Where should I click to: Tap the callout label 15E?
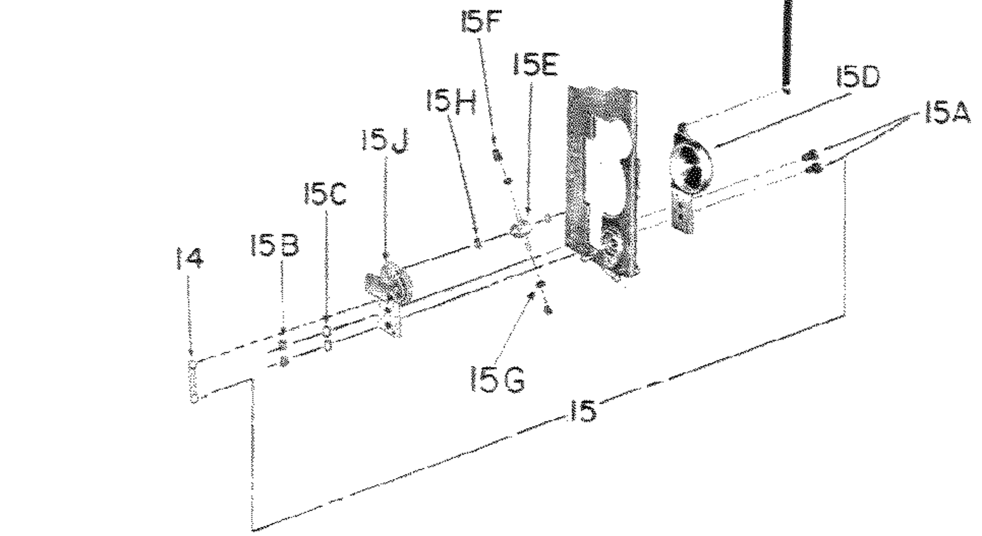[x=535, y=65]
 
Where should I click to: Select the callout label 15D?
[x=857, y=78]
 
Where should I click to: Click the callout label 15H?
[x=451, y=102]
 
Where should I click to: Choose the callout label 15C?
[x=325, y=194]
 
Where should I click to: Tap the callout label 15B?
[x=275, y=246]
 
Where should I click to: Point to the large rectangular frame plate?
[x=603, y=183]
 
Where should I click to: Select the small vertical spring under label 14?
[x=193, y=382]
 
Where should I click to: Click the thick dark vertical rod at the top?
[x=787, y=46]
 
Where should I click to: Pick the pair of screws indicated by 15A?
[x=813, y=161]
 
